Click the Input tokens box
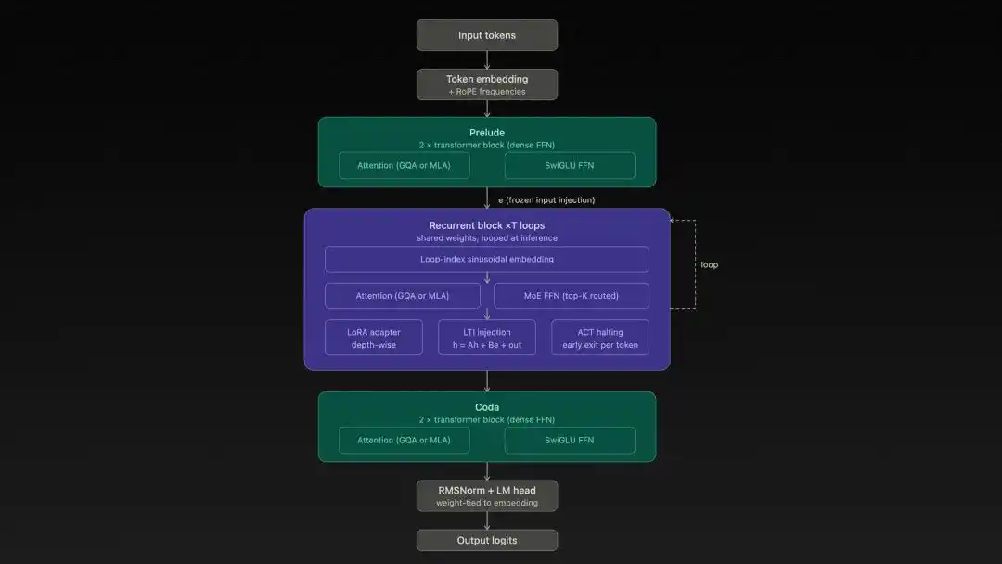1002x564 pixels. (x=487, y=35)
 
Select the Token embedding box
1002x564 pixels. (x=487, y=84)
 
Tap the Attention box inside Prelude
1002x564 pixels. (x=404, y=166)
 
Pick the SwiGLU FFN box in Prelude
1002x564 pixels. (x=570, y=166)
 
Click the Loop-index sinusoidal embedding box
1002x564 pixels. (x=487, y=259)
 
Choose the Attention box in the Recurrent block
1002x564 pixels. (x=403, y=296)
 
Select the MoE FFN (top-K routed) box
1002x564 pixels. (x=572, y=296)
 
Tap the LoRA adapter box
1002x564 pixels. (x=374, y=338)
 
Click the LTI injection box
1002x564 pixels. (x=487, y=338)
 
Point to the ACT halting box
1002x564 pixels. (x=599, y=338)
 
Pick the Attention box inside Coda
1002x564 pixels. (x=404, y=440)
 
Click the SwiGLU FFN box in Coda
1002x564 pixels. (x=570, y=440)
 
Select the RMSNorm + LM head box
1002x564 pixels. (x=487, y=495)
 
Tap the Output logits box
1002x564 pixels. (x=487, y=540)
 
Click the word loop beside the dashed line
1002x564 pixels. (x=709, y=264)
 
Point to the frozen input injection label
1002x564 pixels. (x=546, y=199)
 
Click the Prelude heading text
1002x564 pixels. (x=487, y=133)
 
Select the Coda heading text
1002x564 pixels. (x=487, y=407)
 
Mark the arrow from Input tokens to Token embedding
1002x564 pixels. (x=487, y=59)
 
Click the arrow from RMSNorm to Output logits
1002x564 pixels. (x=487, y=520)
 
